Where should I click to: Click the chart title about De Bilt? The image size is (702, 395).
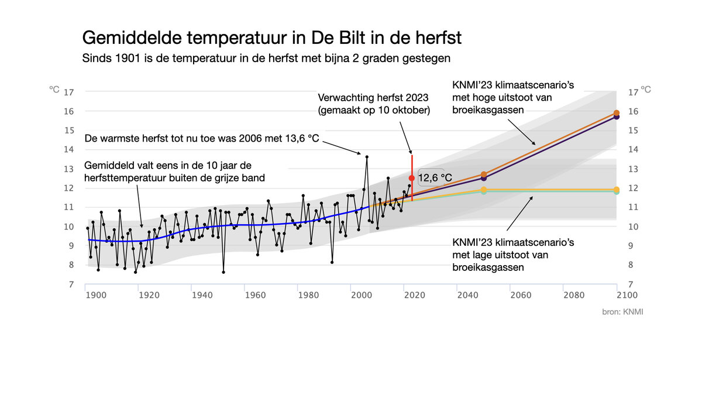272,38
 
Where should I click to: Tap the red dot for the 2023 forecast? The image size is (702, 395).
412,178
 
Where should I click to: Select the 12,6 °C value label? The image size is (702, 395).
435,177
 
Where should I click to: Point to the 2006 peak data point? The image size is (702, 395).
367,157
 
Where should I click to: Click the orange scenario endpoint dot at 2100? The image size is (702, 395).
617,112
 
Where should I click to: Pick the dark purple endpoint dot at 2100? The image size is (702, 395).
617,117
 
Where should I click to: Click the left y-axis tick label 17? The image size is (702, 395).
68,92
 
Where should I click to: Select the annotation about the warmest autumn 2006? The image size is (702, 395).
202,139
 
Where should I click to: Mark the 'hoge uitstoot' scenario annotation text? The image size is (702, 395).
513,98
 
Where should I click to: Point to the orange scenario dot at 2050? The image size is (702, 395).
484,174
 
